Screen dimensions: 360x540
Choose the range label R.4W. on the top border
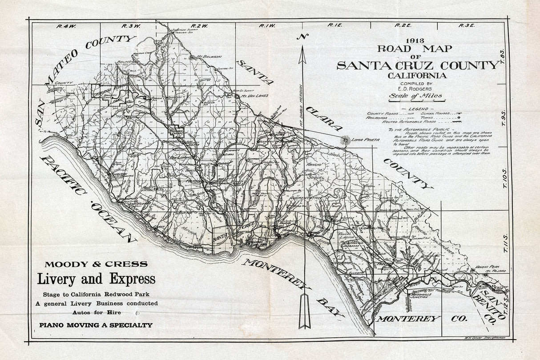tap(64, 26)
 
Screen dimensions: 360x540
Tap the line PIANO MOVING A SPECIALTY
tap(96, 325)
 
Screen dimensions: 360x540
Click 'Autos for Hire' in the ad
tap(96, 312)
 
